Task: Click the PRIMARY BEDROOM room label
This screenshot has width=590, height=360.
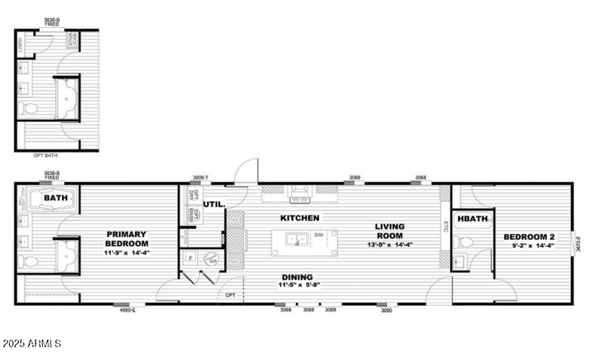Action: tap(126, 238)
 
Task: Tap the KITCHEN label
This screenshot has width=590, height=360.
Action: tap(300, 218)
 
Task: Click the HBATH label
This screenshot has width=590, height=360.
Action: tap(473, 219)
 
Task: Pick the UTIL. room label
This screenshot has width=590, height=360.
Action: tap(214, 204)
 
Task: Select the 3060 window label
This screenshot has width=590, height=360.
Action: tap(386, 310)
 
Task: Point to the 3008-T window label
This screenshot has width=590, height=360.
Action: tap(200, 178)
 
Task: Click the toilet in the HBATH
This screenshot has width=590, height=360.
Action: tap(466, 243)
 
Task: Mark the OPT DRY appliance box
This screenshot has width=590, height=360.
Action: tap(191, 195)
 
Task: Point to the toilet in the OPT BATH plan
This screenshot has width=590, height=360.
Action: tap(29, 109)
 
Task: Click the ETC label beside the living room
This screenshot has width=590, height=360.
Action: tap(445, 224)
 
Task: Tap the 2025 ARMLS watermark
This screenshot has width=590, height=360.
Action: tap(32, 344)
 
